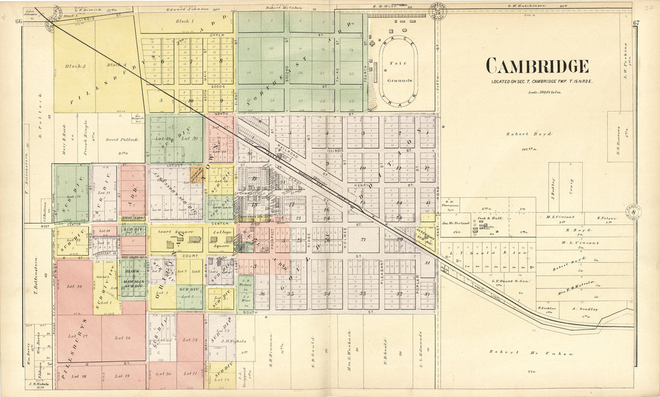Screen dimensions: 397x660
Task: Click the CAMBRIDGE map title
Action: [x=536, y=67]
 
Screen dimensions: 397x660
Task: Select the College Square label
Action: [x=223, y=231]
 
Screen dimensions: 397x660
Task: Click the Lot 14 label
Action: [x=74, y=287]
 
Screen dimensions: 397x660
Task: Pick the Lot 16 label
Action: [x=124, y=338]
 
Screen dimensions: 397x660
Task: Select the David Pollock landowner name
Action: [x=122, y=139]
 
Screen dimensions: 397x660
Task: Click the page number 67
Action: [x=637, y=22]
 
